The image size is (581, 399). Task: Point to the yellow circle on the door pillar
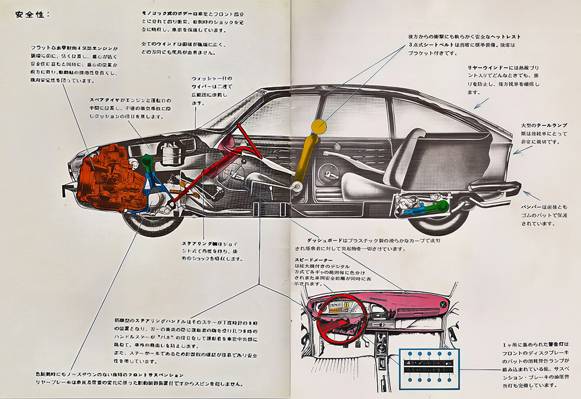tap(318, 126)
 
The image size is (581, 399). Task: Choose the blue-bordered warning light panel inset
tap(429, 368)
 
